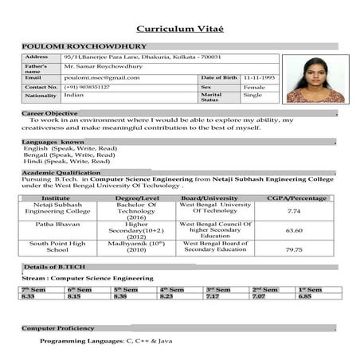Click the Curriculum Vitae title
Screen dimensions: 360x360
(x=180, y=29)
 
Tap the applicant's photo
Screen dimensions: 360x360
(x=315, y=79)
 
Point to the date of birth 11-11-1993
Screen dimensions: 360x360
(x=259, y=77)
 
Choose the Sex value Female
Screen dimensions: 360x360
(x=255, y=87)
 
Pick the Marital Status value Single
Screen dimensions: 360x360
(x=252, y=96)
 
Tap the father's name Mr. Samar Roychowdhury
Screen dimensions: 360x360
(x=104, y=67)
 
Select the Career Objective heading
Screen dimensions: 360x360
(x=49, y=114)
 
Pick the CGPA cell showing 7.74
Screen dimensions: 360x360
(x=294, y=211)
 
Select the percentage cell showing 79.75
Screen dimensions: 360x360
(x=294, y=249)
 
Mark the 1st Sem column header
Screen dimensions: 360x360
(x=310, y=289)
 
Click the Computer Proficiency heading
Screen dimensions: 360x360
(x=57, y=328)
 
